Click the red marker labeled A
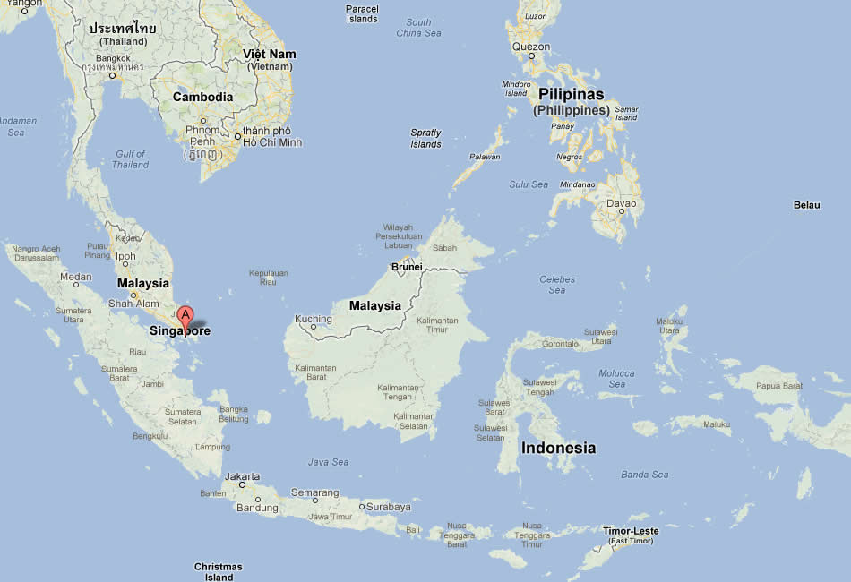[185, 316]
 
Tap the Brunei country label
[407, 267]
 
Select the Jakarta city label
[243, 476]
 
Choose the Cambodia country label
[202, 97]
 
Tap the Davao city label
[621, 203]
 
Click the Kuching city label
[314, 319]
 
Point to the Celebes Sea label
[557, 285]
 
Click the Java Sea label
[328, 462]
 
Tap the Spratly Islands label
[426, 138]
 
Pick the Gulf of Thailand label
[131, 159]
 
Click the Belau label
[806, 205]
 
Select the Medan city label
[75, 277]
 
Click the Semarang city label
[314, 492]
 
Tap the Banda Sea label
[645, 475]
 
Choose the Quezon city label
[530, 47]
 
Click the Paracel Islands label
[362, 13]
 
